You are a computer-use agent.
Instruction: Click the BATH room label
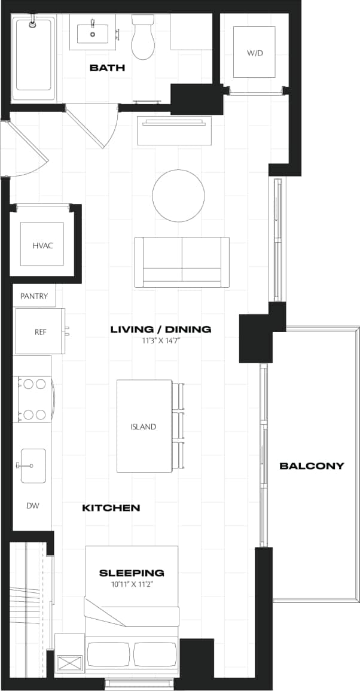(x=107, y=68)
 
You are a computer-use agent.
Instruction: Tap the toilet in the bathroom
(x=142, y=39)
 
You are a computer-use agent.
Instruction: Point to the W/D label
(x=255, y=53)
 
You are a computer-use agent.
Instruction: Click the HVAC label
(x=42, y=245)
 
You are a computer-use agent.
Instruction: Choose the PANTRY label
(x=34, y=296)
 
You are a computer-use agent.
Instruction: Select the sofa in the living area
(x=181, y=262)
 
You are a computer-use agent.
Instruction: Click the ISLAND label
(x=144, y=427)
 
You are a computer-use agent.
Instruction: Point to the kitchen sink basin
(x=33, y=465)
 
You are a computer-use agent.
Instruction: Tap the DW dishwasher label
(x=32, y=506)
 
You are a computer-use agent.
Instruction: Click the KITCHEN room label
(x=111, y=508)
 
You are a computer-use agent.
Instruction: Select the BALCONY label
(x=312, y=465)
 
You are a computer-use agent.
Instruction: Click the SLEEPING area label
(x=132, y=573)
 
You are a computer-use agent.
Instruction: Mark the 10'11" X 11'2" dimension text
(x=132, y=583)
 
